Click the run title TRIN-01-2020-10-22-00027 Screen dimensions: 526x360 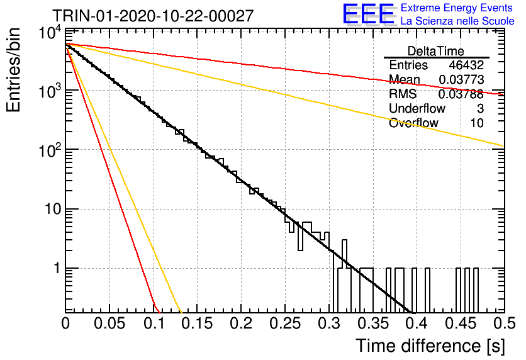tap(153, 16)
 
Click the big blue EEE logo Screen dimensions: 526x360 tap(369, 14)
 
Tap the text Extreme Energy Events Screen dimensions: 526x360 tap(457, 8)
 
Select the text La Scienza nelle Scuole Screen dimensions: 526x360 tap(457, 21)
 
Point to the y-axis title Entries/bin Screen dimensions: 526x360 tap(13, 70)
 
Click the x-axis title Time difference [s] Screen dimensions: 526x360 tap(430, 346)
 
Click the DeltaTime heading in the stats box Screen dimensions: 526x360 tap(436, 51)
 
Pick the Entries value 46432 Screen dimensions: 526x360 tap(466, 65)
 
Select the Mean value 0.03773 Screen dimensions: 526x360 tap(461, 79)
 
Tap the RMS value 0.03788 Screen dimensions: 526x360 tap(461, 94)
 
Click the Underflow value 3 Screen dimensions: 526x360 tap(480, 108)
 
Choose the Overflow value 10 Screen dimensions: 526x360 tap(477, 123)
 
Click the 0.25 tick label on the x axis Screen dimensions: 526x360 tap(285, 323)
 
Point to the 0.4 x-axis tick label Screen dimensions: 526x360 tap(417, 323)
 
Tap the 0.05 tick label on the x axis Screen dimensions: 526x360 tap(109, 323)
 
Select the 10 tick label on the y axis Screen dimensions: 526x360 tap(53, 210)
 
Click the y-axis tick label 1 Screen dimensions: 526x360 tap(58, 268)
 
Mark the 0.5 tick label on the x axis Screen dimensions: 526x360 tap(505, 323)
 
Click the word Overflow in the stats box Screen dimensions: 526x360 tap(413, 123)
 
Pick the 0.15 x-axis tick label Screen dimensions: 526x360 tap(197, 323)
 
